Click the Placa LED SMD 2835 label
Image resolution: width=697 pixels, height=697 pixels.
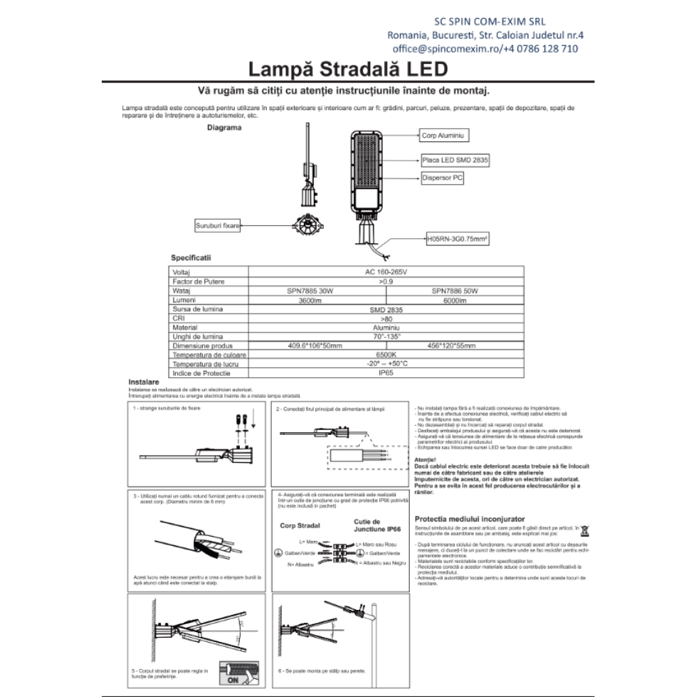pyautogui.click(x=455, y=160)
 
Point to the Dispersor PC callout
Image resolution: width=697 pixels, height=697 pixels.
pyautogui.click(x=443, y=178)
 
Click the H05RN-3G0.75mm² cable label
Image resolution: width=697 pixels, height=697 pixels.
pyautogui.click(x=457, y=238)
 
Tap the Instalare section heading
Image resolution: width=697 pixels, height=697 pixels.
pyautogui.click(x=144, y=383)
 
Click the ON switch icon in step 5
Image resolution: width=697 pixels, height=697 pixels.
pyautogui.click(x=233, y=677)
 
